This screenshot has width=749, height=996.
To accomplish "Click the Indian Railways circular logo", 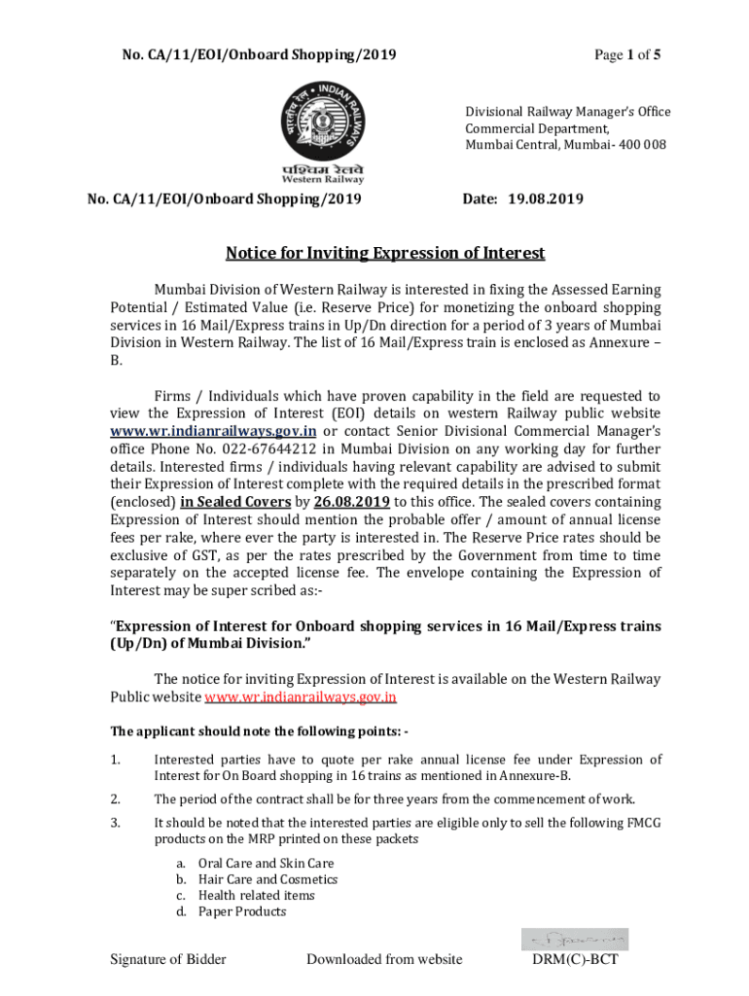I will [322, 117].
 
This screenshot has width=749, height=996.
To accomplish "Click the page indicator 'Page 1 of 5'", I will [627, 54].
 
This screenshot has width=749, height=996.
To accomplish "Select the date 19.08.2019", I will [546, 199].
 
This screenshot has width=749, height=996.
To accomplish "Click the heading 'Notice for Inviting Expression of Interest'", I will [385, 254].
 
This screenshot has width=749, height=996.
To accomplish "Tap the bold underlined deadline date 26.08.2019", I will [353, 501].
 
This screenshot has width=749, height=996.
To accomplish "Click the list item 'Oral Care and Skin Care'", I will [266, 863].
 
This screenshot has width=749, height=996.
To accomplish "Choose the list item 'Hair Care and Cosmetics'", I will [267, 879].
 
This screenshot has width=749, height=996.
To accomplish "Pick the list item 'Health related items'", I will [256, 895].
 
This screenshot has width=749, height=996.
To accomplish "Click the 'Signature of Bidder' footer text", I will [168, 960].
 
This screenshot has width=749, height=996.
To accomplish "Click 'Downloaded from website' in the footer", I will [384, 960].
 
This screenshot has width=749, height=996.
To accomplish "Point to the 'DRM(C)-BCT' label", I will [575, 960].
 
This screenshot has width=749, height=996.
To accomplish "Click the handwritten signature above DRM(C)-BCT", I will [574, 939].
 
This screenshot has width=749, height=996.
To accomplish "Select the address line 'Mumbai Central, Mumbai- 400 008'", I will [565, 145].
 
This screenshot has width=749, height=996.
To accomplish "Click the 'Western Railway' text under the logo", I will [323, 179].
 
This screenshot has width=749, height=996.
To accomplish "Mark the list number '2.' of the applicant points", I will [115, 800].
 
